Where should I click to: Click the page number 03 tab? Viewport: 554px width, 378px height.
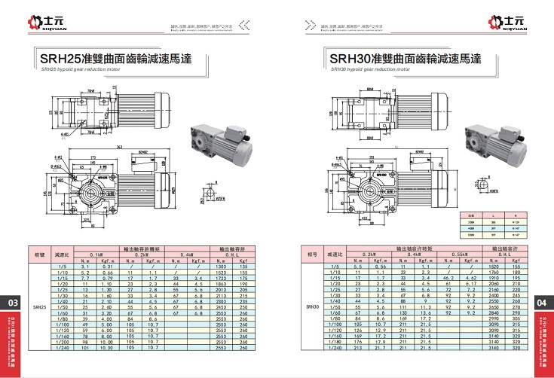[12, 303]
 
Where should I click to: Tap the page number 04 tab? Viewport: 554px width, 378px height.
[541, 303]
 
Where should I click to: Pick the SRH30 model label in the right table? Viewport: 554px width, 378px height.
[312, 307]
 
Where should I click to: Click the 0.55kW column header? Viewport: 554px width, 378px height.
[458, 255]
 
